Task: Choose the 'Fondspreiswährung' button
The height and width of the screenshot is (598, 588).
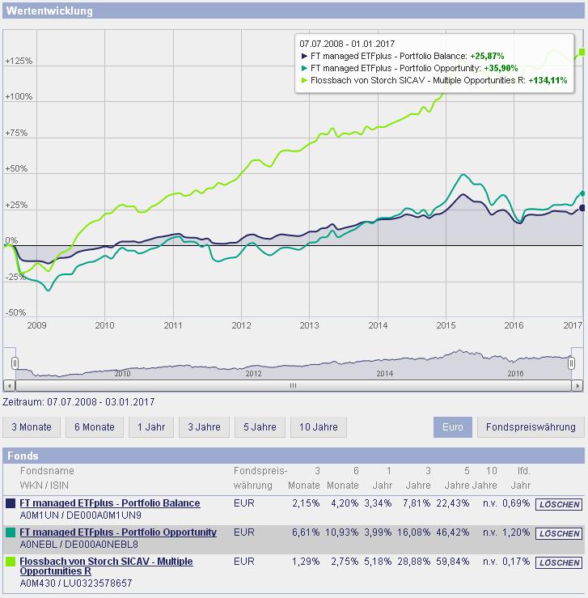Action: click(531, 427)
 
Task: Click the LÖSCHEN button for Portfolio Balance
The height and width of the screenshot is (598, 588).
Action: click(558, 504)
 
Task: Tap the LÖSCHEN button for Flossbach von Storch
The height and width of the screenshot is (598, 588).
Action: click(558, 562)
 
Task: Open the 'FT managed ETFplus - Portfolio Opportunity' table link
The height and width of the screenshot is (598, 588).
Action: click(118, 532)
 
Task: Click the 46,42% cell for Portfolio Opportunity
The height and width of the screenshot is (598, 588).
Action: click(457, 533)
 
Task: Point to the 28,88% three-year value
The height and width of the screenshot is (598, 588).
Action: click(417, 562)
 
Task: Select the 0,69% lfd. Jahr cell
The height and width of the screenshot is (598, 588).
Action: click(517, 504)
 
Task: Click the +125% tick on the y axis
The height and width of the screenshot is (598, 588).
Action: click(18, 61)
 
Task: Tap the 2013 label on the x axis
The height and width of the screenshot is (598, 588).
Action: click(309, 325)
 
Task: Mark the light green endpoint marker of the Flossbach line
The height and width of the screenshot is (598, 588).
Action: click(582, 53)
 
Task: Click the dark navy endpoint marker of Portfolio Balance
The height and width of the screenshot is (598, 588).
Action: click(582, 208)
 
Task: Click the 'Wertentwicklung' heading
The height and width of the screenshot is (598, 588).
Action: click(49, 11)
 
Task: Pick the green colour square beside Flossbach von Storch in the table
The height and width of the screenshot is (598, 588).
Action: click(11, 562)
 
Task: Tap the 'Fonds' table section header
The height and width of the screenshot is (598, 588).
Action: click(23, 456)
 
